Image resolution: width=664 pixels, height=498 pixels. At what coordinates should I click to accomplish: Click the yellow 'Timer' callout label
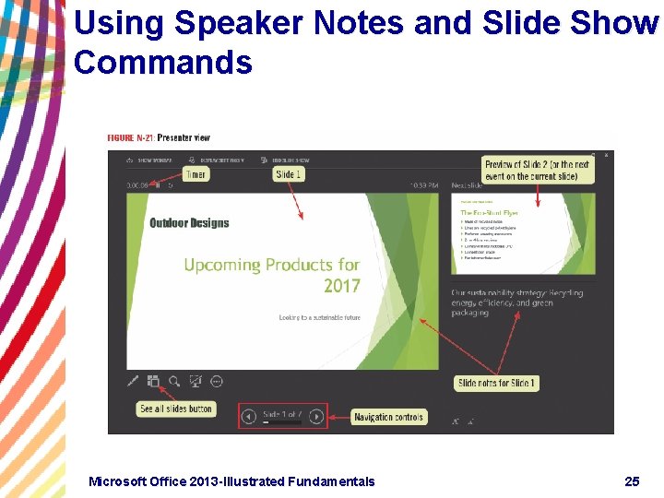click(x=196, y=174)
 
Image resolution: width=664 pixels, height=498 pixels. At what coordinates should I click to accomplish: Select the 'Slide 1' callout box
click(x=289, y=174)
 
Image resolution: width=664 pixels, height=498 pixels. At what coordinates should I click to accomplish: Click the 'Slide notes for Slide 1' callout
click(x=496, y=383)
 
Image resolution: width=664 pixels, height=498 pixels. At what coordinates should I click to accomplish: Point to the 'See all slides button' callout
click(x=176, y=409)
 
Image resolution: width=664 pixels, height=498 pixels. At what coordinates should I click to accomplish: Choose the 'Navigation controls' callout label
click(x=388, y=417)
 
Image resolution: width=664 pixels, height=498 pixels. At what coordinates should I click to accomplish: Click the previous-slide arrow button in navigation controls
click(x=248, y=417)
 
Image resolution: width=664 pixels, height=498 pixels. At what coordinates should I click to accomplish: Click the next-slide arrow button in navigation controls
click(x=316, y=417)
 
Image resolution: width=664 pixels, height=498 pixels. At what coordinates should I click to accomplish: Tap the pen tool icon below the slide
click(x=132, y=380)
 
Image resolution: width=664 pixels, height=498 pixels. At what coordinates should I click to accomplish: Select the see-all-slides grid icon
click(x=153, y=380)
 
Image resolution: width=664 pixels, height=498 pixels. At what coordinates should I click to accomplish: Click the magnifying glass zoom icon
click(x=174, y=380)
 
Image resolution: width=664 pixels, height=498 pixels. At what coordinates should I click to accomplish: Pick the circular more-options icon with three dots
click(x=217, y=380)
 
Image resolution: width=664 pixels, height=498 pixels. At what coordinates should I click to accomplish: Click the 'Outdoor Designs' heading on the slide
click(x=189, y=222)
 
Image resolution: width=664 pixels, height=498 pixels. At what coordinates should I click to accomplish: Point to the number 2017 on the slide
click(x=341, y=286)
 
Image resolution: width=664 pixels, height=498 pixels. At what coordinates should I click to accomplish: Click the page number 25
click(x=632, y=480)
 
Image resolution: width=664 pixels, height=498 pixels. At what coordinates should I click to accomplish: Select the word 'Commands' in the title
click(x=162, y=63)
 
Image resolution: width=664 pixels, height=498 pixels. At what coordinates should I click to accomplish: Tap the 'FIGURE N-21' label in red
click(x=130, y=138)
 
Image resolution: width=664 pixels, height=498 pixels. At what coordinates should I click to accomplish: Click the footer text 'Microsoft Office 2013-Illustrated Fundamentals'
click(x=231, y=480)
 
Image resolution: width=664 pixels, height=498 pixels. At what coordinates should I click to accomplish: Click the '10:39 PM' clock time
click(x=424, y=185)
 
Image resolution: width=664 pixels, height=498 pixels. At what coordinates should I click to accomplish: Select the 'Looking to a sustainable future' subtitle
click(x=319, y=317)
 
